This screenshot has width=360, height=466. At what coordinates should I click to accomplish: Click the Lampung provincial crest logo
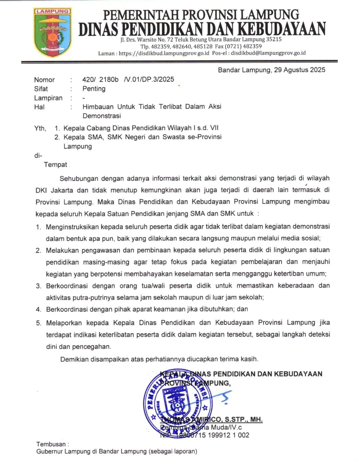[52, 32]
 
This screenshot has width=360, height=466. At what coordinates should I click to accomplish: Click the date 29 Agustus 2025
[299, 70]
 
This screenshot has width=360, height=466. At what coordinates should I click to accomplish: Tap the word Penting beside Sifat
[94, 89]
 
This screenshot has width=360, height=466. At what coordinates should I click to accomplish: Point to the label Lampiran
[48, 98]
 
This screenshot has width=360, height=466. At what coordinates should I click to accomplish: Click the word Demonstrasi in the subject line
[102, 116]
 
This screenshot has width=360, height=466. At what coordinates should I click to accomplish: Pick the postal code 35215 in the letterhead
[274, 39]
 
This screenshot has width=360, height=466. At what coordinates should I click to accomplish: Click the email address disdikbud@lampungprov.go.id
[268, 53]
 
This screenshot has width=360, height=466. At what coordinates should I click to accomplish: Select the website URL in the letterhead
[164, 53]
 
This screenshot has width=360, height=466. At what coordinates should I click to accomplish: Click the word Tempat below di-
[55, 165]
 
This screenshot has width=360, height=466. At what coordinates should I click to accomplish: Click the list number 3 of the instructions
[39, 286]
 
